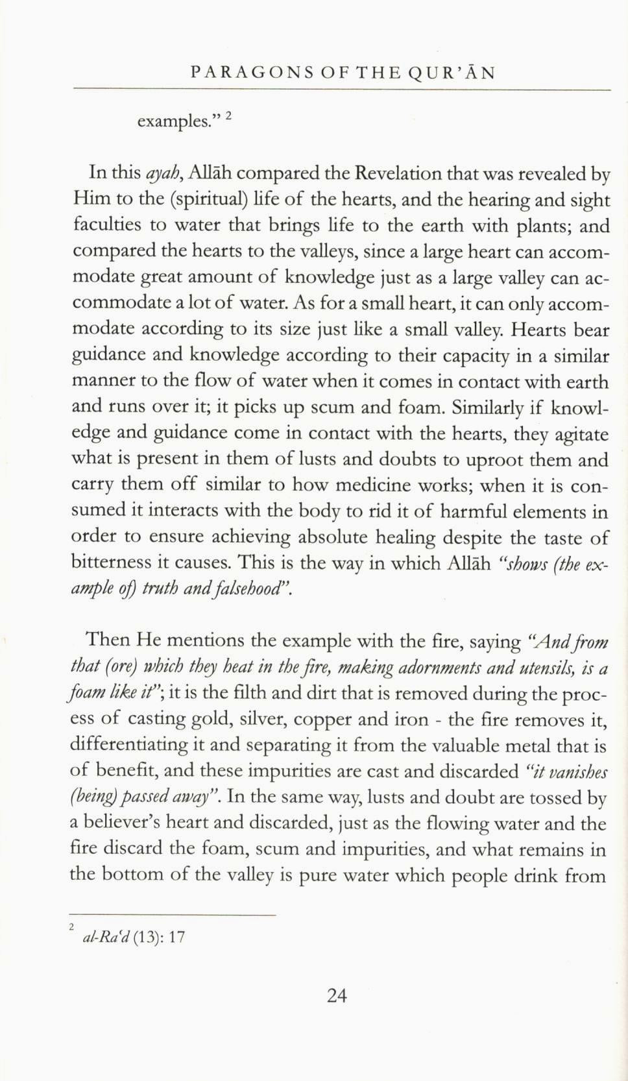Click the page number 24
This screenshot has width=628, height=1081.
337,995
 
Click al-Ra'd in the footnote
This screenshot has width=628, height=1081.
106,937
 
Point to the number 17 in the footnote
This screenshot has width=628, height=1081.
176,937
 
